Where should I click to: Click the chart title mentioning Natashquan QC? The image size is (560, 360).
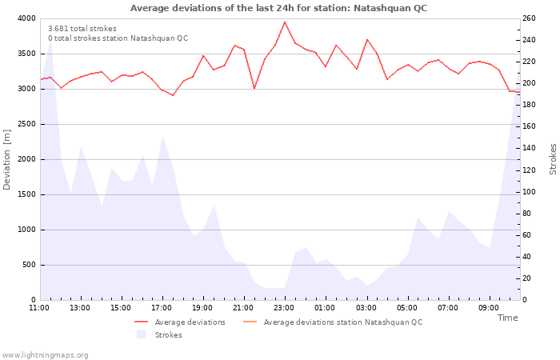click(278, 8)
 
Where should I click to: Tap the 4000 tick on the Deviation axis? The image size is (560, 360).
click(26, 18)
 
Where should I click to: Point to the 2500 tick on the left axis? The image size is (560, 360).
click(26, 124)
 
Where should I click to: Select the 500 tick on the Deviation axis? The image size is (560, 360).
click(28, 265)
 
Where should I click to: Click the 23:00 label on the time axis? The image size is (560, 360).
click(284, 307)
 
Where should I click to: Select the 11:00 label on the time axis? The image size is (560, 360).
click(39, 307)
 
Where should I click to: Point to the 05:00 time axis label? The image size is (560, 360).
click(407, 307)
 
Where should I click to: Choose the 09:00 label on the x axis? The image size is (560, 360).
click(489, 307)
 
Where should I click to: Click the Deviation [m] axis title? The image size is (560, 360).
click(7, 159)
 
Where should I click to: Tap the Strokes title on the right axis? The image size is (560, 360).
click(553, 159)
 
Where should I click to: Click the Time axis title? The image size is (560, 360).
click(507, 318)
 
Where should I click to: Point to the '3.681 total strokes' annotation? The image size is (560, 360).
click(82, 29)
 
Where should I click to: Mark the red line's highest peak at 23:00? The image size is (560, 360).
click(285, 22)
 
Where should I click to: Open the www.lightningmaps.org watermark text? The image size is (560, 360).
click(46, 355)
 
